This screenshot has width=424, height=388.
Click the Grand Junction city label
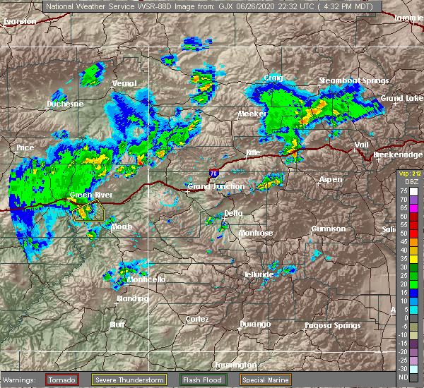216,186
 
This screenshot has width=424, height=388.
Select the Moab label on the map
122,226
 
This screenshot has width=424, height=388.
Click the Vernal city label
124,83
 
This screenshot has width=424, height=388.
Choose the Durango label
254,324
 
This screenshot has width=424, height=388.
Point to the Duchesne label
65,104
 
